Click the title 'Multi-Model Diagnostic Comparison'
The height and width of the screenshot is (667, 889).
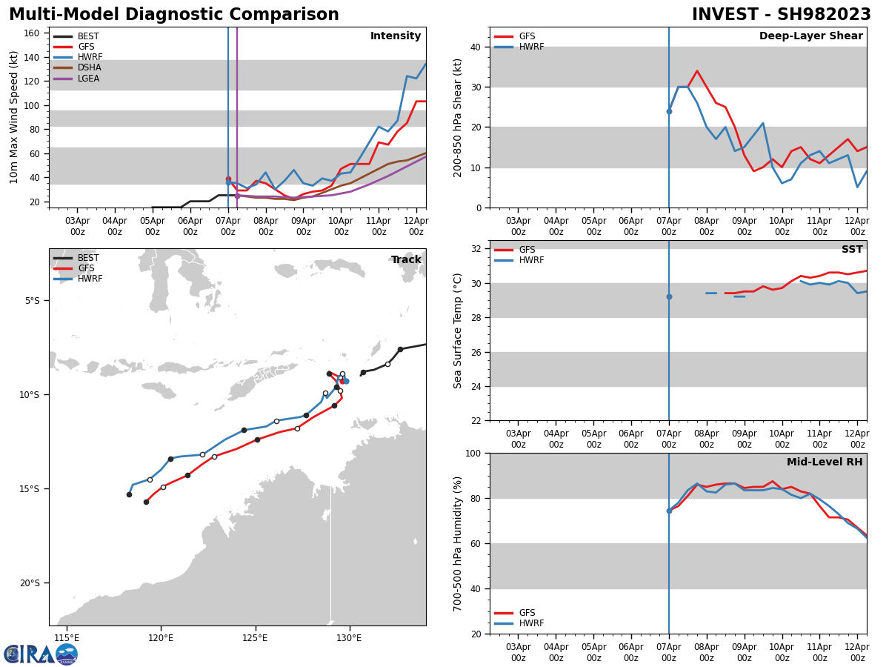click(x=174, y=15)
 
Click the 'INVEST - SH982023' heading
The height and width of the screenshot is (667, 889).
click(x=781, y=15)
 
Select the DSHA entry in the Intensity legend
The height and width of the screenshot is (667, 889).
click(x=88, y=67)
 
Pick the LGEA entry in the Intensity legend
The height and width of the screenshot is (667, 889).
click(x=88, y=78)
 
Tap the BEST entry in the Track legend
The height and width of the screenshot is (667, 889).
click(x=88, y=258)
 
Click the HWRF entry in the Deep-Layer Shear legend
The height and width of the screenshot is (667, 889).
click(x=530, y=47)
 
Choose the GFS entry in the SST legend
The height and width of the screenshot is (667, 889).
click(x=527, y=250)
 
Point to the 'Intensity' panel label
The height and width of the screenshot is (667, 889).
click(x=396, y=36)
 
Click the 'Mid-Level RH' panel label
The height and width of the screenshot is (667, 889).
click(x=825, y=462)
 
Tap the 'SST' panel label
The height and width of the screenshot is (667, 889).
click(x=852, y=250)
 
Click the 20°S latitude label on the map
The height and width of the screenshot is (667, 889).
click(x=30, y=583)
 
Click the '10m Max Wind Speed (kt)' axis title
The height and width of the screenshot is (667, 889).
click(x=13, y=117)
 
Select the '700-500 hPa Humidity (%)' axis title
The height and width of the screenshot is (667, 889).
click(x=459, y=543)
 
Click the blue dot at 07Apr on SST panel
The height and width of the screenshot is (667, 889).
click(x=669, y=296)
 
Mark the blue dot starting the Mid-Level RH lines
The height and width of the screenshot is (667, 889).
click(x=669, y=511)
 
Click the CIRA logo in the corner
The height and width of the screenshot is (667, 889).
click(x=41, y=654)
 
